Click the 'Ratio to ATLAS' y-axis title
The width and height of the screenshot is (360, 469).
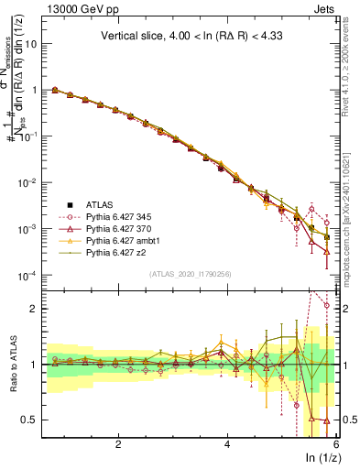(x=16, y=364)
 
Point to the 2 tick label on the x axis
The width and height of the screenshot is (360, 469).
(x=118, y=444)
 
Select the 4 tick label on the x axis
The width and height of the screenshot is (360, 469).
(x=227, y=444)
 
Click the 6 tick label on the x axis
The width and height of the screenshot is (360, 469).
(x=335, y=444)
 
